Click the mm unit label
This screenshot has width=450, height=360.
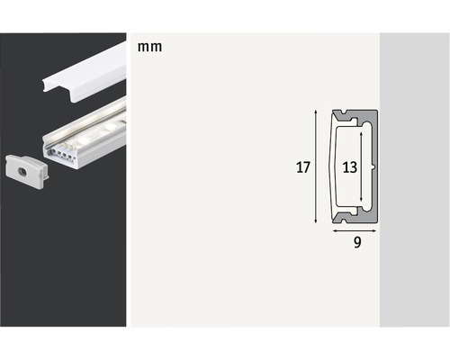click(150, 47)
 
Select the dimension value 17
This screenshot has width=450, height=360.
click(301, 166)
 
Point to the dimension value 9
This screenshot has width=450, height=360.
click(357, 244)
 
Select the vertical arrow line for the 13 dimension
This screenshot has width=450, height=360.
click(363, 166)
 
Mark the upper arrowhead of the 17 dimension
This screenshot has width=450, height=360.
click(316, 113)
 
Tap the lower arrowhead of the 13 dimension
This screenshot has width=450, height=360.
click(363, 202)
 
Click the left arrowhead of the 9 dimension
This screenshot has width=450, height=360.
click(335, 229)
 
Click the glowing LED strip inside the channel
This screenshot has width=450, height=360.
click(90, 126)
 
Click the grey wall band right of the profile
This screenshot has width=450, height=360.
click(414, 180)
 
